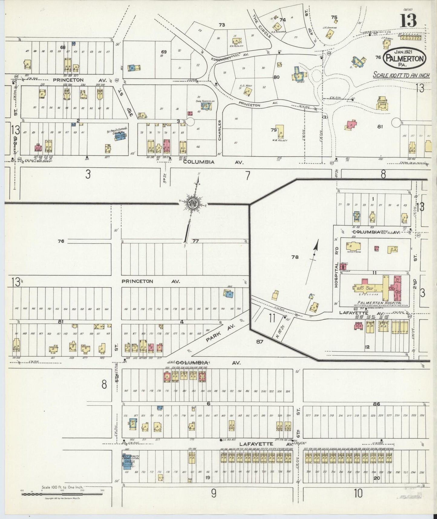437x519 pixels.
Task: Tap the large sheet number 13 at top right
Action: pos(409,21)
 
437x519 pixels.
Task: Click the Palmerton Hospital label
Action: pos(379,303)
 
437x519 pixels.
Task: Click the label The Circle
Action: pos(259,25)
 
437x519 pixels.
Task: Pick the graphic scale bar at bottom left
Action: pos(62,494)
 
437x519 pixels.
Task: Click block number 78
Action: pos(295,257)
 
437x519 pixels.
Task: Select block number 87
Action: pos(260,342)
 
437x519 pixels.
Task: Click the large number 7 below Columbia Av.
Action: pos(248,176)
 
